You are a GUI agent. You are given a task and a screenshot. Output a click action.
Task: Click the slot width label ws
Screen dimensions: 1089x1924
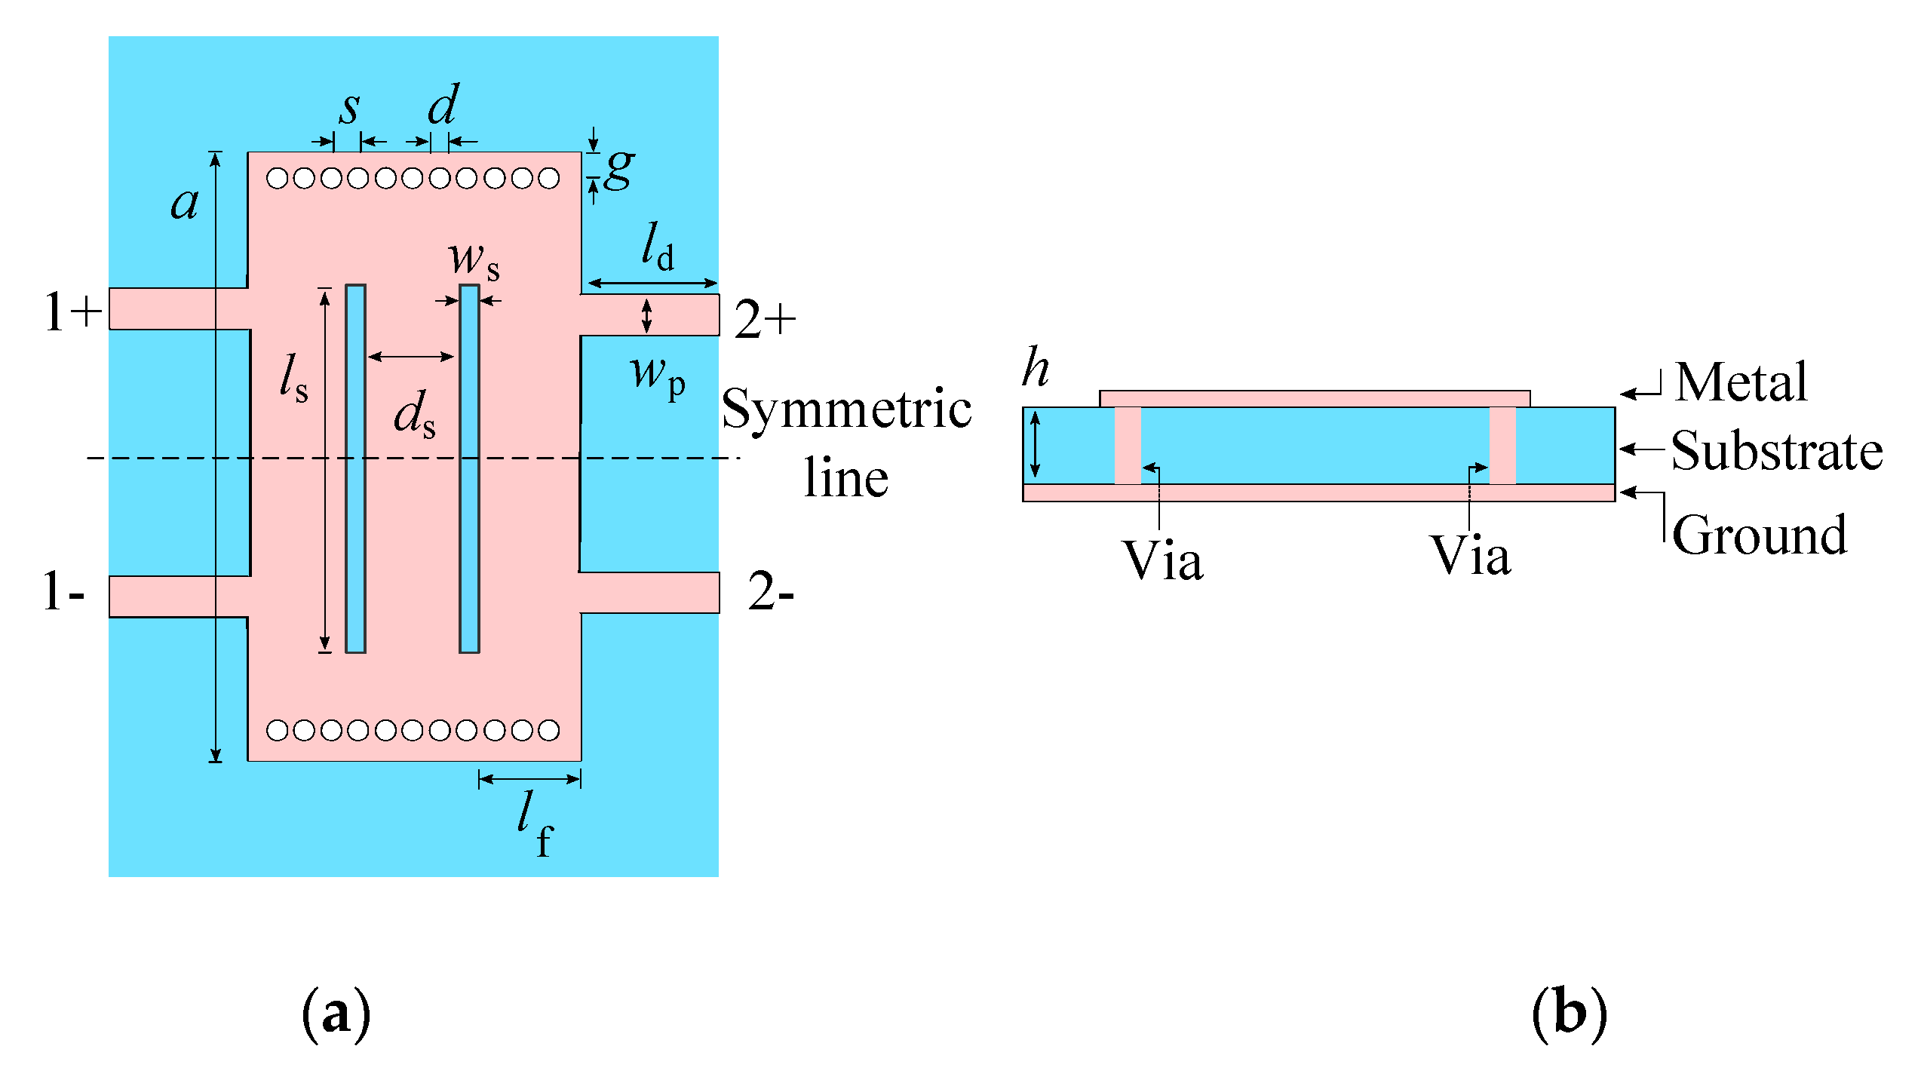(x=474, y=260)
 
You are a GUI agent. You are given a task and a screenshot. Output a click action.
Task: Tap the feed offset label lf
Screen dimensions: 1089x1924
(x=535, y=824)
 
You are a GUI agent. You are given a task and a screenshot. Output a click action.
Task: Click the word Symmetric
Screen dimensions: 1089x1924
(x=846, y=410)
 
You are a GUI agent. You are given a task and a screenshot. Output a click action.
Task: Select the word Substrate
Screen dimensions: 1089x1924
(x=1776, y=451)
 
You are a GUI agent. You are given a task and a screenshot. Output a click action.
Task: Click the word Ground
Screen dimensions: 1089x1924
(x=1760, y=535)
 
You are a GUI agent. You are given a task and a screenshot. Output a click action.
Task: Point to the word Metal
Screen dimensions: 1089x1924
(x=1741, y=382)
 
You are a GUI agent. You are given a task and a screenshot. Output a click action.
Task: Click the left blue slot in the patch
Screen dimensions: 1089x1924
(x=355, y=468)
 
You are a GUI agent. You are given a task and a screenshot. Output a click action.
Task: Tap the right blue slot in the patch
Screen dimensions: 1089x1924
(x=469, y=468)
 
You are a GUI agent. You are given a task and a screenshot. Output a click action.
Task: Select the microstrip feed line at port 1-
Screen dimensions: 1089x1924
(x=180, y=597)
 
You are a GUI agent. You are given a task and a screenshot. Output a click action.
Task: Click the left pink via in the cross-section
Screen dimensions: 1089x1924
(x=1128, y=445)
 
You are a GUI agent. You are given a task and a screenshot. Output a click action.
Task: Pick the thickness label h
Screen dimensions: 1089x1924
(x=1036, y=368)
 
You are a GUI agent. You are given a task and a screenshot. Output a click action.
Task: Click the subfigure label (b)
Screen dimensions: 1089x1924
(x=1569, y=1014)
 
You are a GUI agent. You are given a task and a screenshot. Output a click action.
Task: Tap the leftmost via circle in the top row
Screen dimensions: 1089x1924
(x=278, y=179)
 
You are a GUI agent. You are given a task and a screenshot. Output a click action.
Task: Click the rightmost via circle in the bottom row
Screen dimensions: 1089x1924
(x=548, y=730)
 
